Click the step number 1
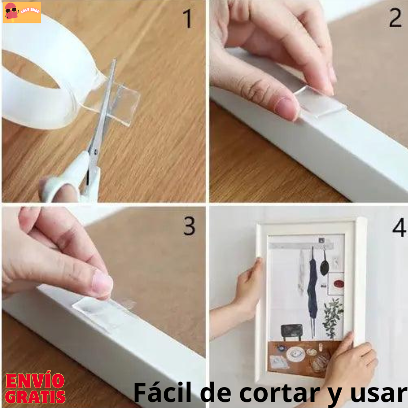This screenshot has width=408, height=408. (x=188, y=18)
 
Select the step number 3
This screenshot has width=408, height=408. (x=189, y=226)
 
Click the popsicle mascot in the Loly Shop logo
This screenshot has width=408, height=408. (x=11, y=11)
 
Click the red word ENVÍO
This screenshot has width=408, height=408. (x=35, y=381)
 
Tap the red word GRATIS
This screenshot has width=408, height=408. (x=35, y=396)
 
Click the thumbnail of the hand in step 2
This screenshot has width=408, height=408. (x=287, y=107)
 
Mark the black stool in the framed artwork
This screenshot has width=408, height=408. (x=291, y=330)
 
